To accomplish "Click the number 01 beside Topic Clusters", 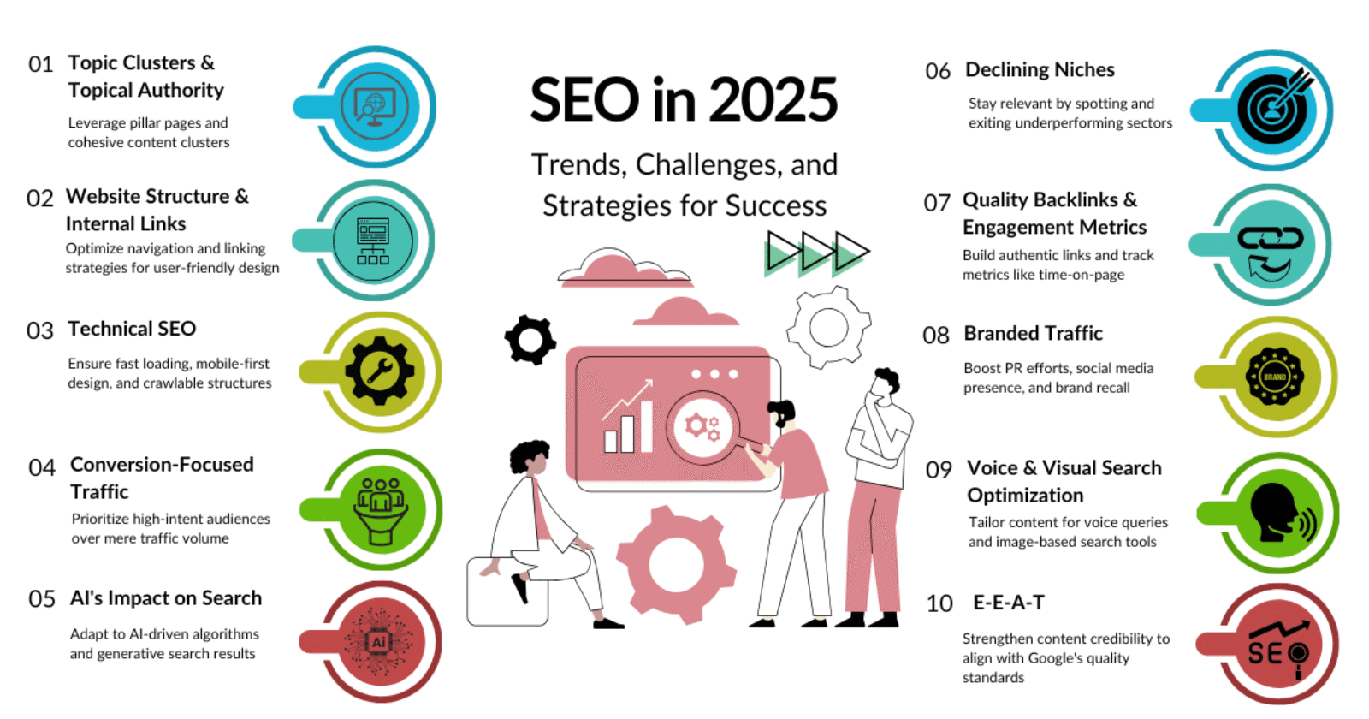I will click(x=40, y=65).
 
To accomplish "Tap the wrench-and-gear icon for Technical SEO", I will click(x=380, y=371).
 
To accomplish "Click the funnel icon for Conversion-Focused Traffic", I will click(x=380, y=510).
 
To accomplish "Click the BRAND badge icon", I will click(x=1274, y=377).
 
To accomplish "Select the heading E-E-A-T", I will click(x=1009, y=603).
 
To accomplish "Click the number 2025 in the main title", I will click(x=773, y=100).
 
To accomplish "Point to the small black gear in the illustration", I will click(x=530, y=340).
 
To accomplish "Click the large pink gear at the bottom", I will click(x=676, y=564).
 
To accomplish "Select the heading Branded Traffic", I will click(x=1033, y=333).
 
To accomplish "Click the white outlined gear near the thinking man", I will click(x=828, y=326).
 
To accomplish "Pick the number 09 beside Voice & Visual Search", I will click(x=939, y=470).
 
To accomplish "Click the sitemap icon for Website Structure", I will click(x=373, y=241).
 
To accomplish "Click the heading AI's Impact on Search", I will click(x=166, y=598).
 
